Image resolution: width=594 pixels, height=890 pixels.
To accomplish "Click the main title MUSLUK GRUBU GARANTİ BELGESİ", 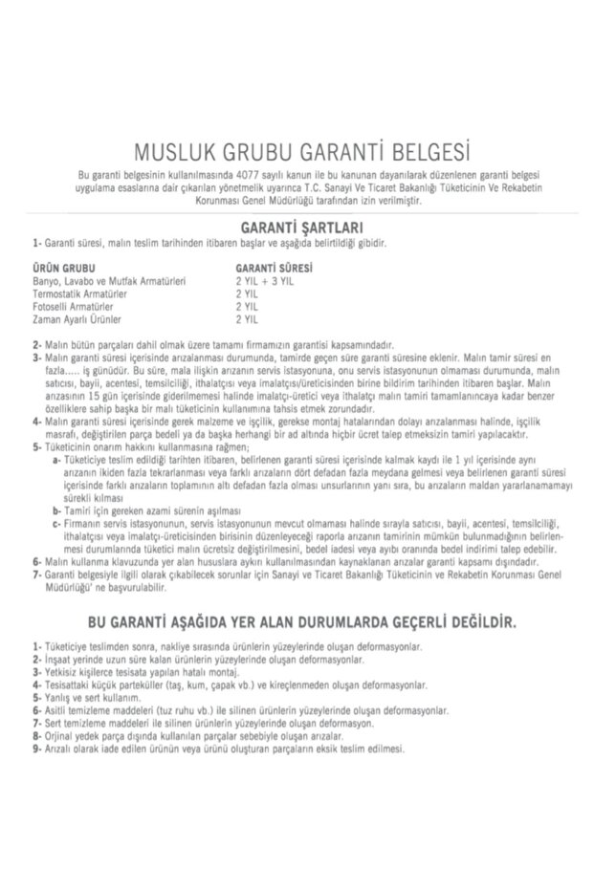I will coord(297,152).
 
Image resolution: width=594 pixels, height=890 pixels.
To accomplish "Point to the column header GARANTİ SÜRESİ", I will coord(275,269).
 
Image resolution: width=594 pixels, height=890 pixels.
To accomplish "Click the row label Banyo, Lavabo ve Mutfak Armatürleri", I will coord(109,282).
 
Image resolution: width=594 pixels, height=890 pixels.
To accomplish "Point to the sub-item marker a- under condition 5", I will coord(57,458).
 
